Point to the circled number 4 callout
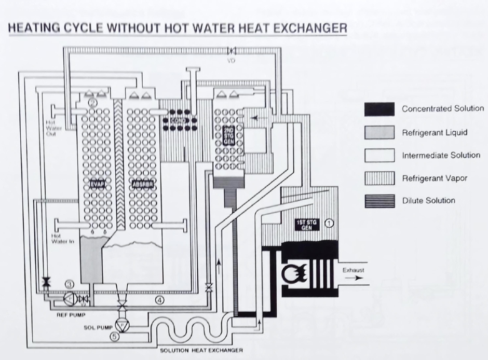coord(161,300)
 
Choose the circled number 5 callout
coord(115,336)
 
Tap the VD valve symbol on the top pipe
coord(229,50)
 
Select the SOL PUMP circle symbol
coord(123,326)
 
